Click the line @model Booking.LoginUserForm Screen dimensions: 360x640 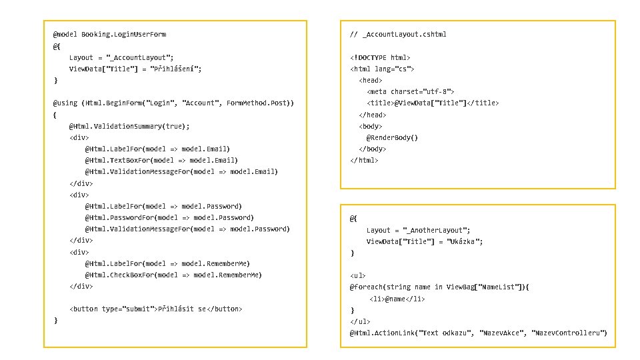[109, 34]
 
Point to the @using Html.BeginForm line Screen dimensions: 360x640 [173, 103]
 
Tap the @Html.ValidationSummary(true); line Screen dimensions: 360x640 [129, 126]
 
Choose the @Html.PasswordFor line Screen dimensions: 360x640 [169, 217]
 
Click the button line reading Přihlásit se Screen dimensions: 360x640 [156, 309]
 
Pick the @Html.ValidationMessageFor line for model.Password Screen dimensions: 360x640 [187, 229]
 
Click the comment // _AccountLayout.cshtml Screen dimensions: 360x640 [398, 34]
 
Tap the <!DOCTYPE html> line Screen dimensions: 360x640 [380, 58]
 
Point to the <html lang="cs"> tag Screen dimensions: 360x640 [383, 69]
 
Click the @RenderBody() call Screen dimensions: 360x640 [392, 138]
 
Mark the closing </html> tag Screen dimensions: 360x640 [364, 161]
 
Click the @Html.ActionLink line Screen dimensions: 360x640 [477, 333]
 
